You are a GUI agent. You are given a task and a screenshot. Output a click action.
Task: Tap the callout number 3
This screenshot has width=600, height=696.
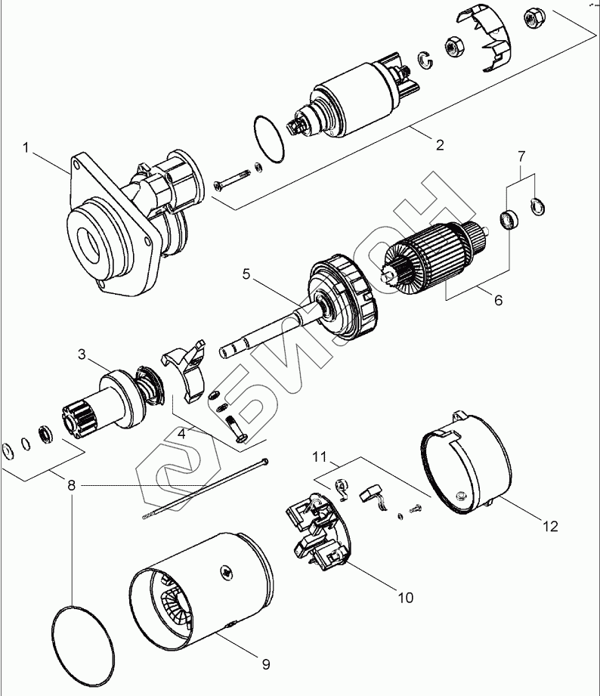pos(81,354)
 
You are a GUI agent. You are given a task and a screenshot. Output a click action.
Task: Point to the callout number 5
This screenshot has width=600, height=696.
pos(246,274)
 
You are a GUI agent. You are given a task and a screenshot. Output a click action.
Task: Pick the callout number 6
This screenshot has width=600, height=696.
pos(497,300)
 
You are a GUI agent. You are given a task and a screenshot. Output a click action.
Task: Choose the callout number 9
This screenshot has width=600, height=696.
pos(265,664)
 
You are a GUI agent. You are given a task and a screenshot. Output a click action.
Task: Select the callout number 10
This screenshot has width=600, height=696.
pos(405,597)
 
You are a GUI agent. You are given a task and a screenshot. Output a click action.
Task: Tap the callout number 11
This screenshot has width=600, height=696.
pos(320,456)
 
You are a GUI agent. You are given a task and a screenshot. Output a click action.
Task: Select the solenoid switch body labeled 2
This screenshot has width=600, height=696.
pos(355,106)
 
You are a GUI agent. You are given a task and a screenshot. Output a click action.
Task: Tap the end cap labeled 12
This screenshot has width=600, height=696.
pos(461,462)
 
